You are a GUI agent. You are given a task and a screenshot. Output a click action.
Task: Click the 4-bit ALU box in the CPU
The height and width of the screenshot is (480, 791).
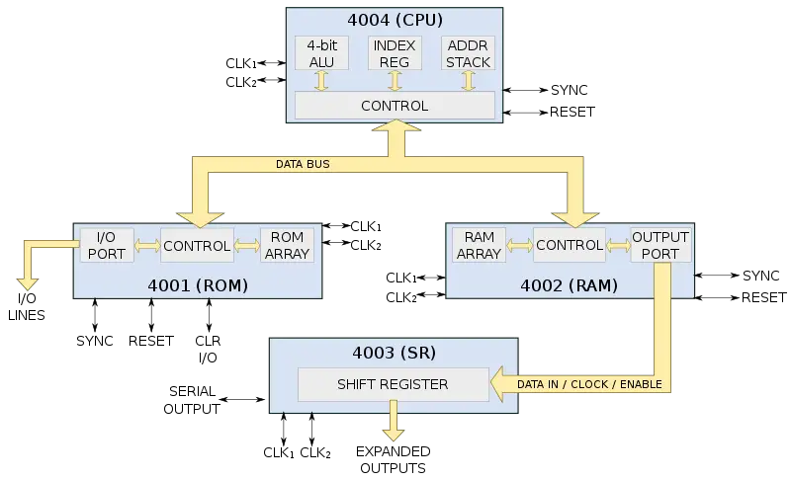point(321,53)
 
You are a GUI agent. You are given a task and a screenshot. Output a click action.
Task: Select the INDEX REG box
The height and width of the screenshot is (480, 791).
point(395,53)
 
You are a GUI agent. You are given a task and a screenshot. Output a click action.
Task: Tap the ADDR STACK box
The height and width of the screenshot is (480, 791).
point(468,53)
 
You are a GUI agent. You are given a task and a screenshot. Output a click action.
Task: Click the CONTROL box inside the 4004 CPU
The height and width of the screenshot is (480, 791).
point(395,106)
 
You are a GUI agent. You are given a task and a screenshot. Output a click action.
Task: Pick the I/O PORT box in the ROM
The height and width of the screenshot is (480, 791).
point(107,245)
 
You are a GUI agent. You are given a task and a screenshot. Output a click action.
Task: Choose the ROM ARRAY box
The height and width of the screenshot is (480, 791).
point(287,245)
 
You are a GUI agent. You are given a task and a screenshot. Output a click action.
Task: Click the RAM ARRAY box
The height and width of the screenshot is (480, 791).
point(479,245)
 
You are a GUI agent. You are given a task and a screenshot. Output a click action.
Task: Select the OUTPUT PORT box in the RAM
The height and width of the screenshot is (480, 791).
point(660,245)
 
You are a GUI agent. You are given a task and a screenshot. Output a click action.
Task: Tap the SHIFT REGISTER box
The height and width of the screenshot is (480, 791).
point(393,384)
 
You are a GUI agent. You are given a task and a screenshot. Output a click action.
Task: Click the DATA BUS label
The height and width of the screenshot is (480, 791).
point(303,164)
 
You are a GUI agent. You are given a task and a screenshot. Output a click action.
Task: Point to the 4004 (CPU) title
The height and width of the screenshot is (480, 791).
point(395,20)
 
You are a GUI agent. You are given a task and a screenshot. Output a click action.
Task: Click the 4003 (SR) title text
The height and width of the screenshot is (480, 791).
point(394,353)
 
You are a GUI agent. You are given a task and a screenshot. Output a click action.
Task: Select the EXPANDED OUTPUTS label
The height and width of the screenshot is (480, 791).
point(393,459)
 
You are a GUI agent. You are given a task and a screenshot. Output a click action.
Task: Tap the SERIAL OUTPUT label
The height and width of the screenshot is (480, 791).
point(192,400)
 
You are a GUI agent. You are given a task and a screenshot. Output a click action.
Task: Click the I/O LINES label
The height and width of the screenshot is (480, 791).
point(27,307)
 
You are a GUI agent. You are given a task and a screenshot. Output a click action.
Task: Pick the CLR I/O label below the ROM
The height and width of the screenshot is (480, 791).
point(208,349)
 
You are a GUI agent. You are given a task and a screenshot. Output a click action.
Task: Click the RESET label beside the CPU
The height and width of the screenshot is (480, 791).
point(572,112)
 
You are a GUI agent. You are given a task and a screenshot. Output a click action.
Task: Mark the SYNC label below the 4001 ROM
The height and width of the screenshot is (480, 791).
point(95,341)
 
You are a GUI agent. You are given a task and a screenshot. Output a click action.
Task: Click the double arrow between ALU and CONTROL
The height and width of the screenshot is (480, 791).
point(321,81)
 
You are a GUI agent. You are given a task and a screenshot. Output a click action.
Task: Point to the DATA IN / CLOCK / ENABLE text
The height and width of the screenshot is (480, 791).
point(589,384)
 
